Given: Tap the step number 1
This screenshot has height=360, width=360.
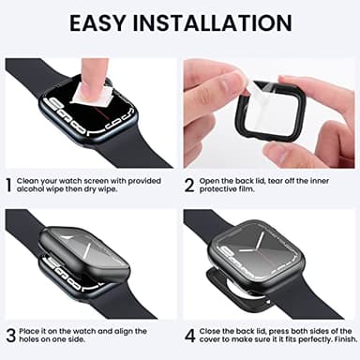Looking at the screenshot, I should click(x=8, y=185).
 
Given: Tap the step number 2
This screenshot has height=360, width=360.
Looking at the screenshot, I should click(x=188, y=185).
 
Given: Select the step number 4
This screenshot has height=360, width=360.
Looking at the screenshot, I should click(x=188, y=334).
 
